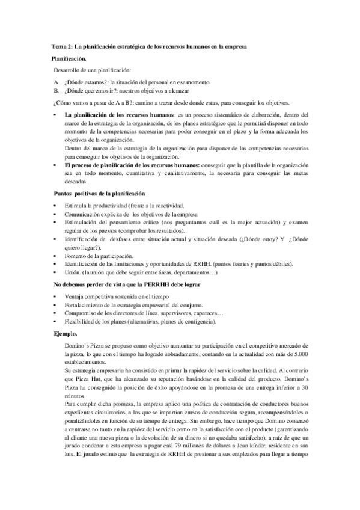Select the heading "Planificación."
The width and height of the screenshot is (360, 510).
point(69,58)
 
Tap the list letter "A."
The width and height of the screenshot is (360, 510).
point(56,81)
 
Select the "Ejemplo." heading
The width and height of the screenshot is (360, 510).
point(66,332)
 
